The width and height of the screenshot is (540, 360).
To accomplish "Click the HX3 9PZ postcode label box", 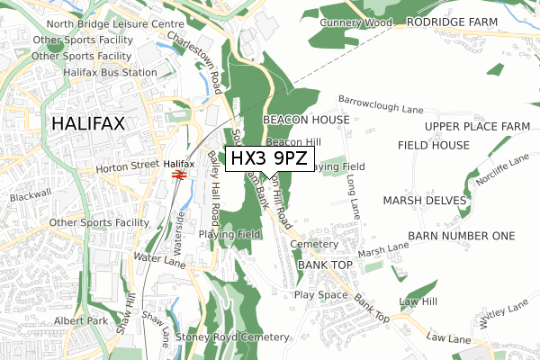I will (270, 159).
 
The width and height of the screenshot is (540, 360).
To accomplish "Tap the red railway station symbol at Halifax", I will (179, 175).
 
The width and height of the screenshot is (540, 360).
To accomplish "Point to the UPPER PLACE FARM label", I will (477, 126).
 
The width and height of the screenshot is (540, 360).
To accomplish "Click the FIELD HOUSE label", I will (433, 144).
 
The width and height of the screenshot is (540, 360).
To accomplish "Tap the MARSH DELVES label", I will (425, 200).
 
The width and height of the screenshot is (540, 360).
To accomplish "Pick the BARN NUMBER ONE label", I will (461, 235).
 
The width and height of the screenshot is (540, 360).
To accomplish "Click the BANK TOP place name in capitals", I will (325, 265).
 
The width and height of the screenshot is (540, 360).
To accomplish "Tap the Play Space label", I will (320, 294).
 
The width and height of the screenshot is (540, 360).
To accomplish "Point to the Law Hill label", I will (418, 301).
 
